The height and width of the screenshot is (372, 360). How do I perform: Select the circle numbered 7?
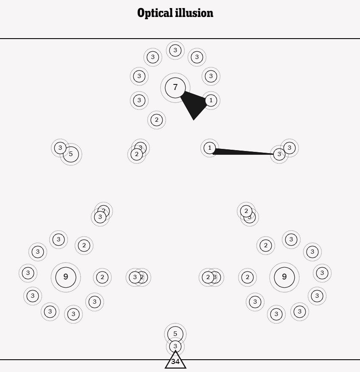[175, 88]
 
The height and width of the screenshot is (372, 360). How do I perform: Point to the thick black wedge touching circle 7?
[193, 104]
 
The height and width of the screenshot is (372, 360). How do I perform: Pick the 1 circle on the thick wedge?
[211, 101]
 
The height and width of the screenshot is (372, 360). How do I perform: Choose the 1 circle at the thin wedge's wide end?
[209, 148]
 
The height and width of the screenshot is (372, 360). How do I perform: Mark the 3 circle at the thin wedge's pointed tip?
[279, 154]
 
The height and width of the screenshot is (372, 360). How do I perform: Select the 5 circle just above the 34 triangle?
[175, 334]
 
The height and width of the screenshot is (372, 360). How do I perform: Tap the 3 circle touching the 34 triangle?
[175, 347]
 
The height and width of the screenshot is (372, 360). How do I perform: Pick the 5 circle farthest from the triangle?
[71, 154]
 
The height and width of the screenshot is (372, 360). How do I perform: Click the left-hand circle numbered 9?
[66, 277]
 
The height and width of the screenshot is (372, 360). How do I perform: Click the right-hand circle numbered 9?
[284, 277]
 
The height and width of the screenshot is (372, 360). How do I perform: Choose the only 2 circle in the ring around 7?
[157, 120]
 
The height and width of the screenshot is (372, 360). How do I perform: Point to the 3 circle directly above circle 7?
[175, 50]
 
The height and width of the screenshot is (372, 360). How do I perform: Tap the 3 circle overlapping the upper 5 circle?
[60, 148]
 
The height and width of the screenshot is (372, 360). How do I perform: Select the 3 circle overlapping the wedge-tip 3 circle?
[290, 148]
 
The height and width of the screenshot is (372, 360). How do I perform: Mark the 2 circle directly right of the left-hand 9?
[102, 277]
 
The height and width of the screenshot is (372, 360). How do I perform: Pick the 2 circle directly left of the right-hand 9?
[247, 277]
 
